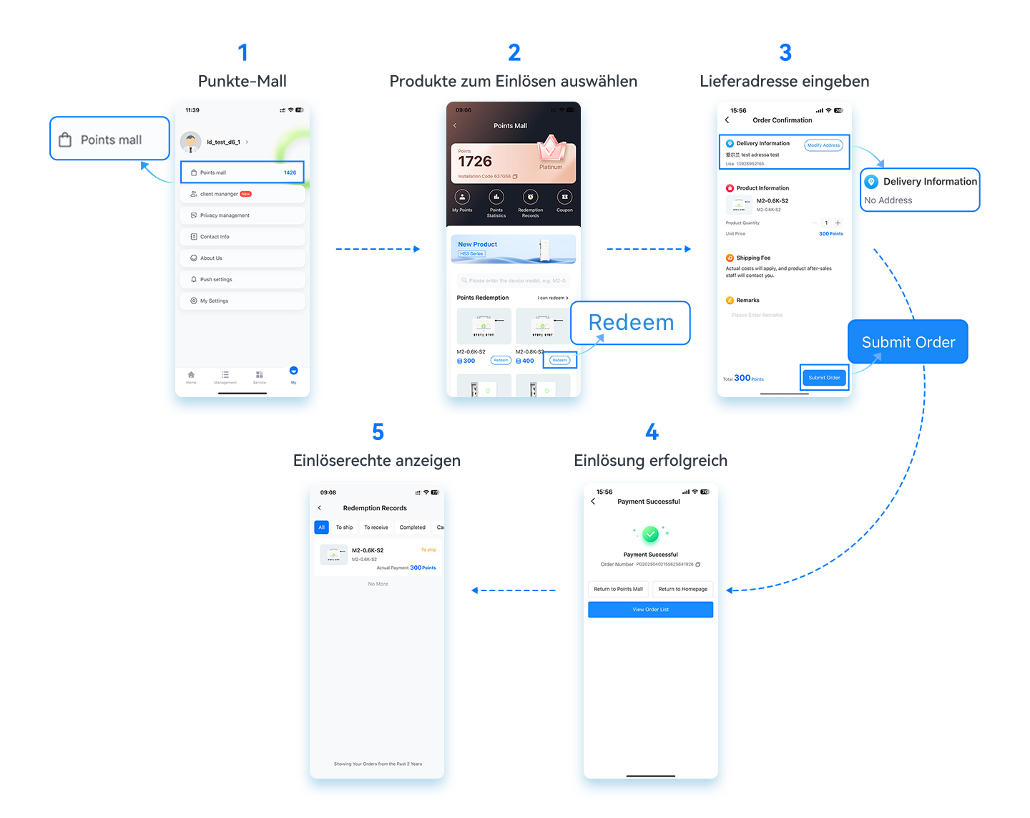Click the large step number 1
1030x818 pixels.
242,52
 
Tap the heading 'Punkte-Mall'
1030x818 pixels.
242,81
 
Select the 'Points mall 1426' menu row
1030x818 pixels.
242,172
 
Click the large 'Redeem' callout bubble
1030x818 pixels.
630,323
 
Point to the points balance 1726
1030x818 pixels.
476,162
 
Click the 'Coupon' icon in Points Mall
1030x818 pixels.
564,201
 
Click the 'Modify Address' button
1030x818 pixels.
823,145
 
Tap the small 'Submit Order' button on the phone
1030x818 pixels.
824,377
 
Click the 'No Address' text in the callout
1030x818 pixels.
888,200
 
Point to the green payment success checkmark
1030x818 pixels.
650,534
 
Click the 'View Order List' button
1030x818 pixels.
650,610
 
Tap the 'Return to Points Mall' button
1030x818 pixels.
618,589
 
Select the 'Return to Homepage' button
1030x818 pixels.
682,589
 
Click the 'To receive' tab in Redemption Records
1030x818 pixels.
376,527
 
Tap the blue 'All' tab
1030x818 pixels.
321,527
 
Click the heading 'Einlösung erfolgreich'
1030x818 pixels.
651,461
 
